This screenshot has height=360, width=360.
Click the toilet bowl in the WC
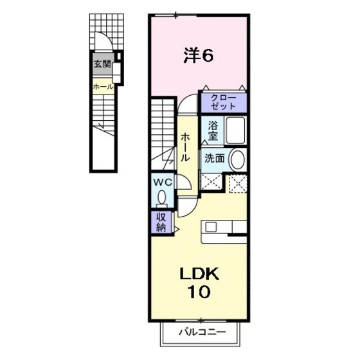pyautogui.click(x=162, y=197)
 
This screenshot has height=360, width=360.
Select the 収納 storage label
pyautogui.click(x=161, y=221)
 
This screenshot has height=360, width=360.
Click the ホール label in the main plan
pyautogui.click(x=185, y=147)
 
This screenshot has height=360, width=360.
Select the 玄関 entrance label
pyautogui.click(x=102, y=64)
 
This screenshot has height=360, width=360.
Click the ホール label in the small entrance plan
pyautogui.click(x=103, y=86)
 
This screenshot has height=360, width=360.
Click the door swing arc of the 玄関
pyautogui.click(x=102, y=42)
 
